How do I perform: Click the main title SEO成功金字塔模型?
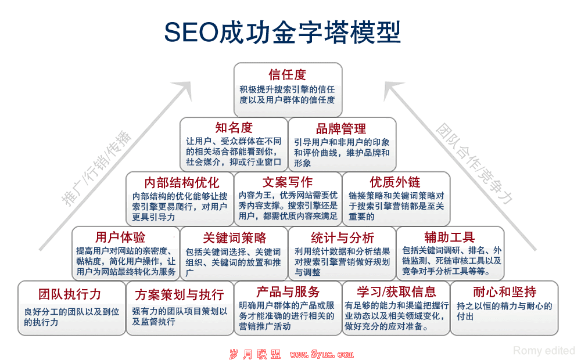[x=282, y=32]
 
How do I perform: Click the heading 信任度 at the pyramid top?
[x=288, y=74]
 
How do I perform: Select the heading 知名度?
[x=234, y=127]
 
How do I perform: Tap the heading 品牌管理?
[x=341, y=128]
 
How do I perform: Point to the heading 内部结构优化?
[x=181, y=182]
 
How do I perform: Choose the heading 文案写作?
[x=288, y=182]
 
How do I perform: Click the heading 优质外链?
[x=395, y=182]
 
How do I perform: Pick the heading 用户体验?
[x=120, y=237]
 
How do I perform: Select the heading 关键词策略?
[x=235, y=237]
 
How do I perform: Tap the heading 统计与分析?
[x=342, y=237]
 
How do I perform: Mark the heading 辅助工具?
[x=450, y=237]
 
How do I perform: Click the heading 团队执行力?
[x=70, y=294]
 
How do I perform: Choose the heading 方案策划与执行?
[x=180, y=295]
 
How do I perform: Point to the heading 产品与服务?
[x=288, y=292]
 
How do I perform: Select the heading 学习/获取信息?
[x=396, y=292]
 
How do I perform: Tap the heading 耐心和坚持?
[x=505, y=292]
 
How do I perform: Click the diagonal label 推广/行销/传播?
[x=96, y=168]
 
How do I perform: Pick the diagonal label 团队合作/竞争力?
[x=474, y=163]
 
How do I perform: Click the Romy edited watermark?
[x=544, y=350]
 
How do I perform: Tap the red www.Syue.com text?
[x=322, y=354]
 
